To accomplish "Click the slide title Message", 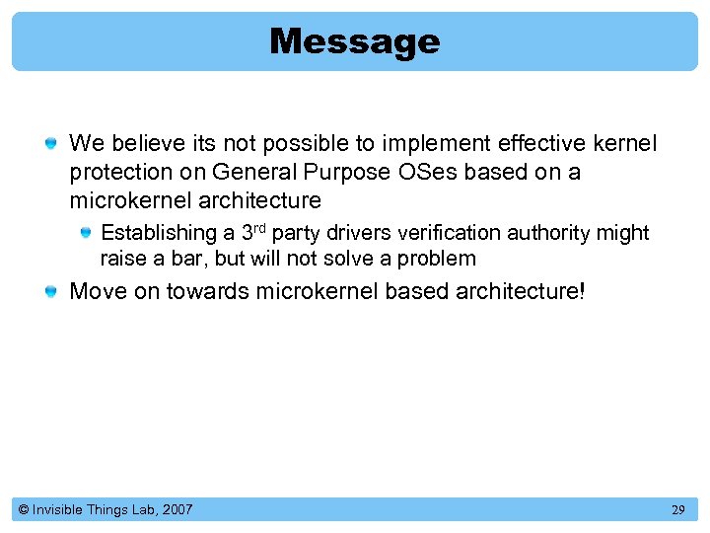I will click(x=354, y=41).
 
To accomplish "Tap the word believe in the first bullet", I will click(x=136, y=144).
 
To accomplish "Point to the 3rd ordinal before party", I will click(x=253, y=233).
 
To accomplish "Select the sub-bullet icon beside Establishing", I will click(x=87, y=234).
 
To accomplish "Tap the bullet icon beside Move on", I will click(x=51, y=292).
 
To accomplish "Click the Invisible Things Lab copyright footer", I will click(x=106, y=510).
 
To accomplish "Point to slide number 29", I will click(x=677, y=510).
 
